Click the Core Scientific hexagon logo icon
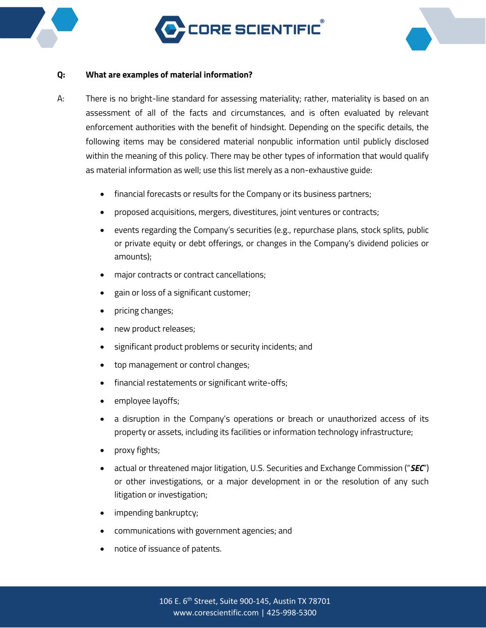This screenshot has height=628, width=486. (169, 29)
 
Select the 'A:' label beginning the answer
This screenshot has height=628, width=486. (61, 98)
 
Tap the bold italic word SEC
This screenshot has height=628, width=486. (417, 468)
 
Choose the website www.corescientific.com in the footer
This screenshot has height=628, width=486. (216, 613)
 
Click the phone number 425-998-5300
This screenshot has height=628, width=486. (291, 613)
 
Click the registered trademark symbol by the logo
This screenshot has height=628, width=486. (322, 22)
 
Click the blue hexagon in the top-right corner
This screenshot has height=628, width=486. (418, 39)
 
